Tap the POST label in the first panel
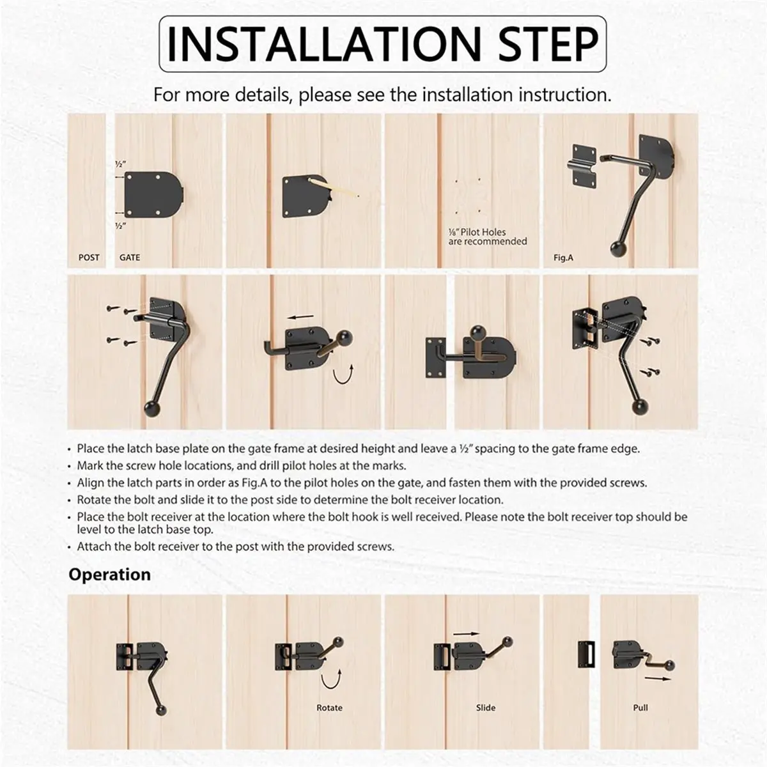pyautogui.click(x=89, y=258)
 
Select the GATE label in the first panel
pyautogui.click(x=130, y=258)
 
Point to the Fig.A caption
pyautogui.click(x=563, y=258)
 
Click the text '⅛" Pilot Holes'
pyautogui.click(x=477, y=232)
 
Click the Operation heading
pyautogui.click(x=109, y=575)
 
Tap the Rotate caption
pyautogui.click(x=329, y=708)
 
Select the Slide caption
pyautogui.click(x=486, y=708)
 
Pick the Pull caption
pyautogui.click(x=640, y=708)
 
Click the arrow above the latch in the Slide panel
pyautogui.click(x=467, y=633)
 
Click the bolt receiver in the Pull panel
pyautogui.click(x=586, y=654)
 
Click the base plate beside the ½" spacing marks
pyautogui.click(x=153, y=195)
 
